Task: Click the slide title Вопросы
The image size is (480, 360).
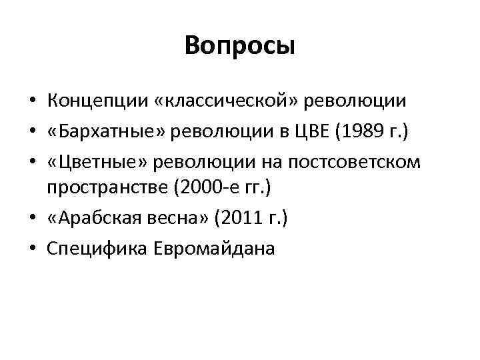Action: (x=240, y=46)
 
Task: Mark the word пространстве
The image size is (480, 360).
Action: (x=107, y=189)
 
